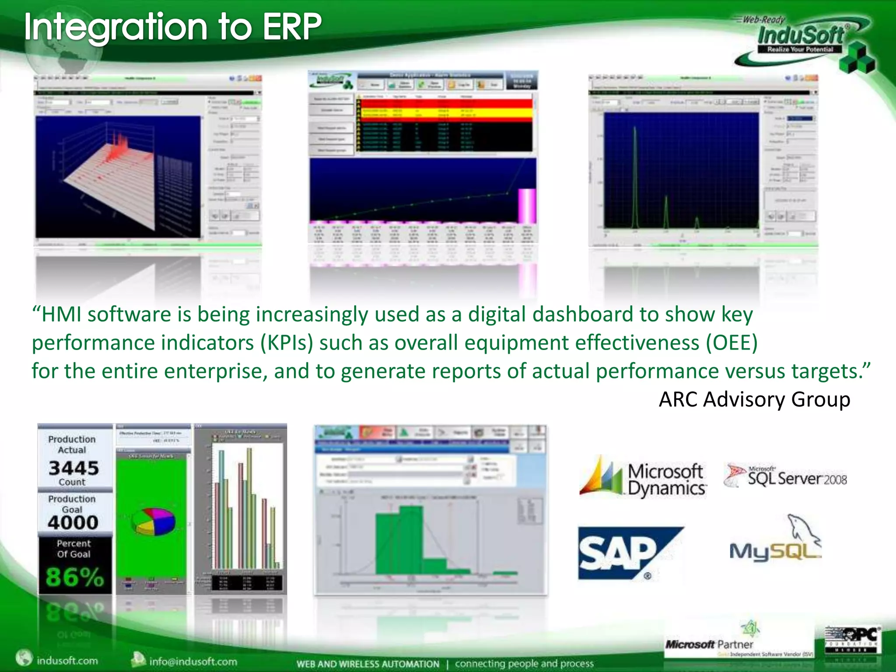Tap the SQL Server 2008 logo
[785, 476]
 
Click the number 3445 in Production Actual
[74, 468]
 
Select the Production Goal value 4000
[73, 522]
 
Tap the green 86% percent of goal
[75, 577]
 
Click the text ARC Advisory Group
[754, 399]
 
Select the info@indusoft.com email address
[193, 661]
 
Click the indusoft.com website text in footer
[67, 660]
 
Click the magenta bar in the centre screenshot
[527, 206]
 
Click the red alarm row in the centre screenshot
[444, 103]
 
